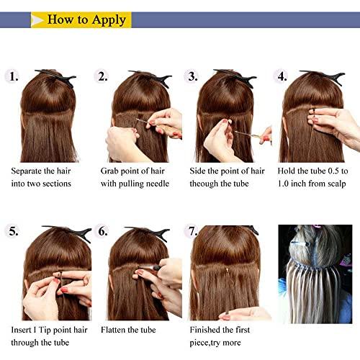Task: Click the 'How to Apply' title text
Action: (86, 19)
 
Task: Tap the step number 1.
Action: (14, 76)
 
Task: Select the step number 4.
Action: (282, 76)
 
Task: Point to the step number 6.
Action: (103, 231)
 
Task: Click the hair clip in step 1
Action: (58, 77)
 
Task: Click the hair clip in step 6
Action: (150, 233)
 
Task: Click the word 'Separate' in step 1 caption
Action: (27, 171)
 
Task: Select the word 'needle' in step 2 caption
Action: (157, 184)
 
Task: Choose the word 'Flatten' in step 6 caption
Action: (113, 330)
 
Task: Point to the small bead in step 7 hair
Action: (227, 270)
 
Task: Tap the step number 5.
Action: (14, 231)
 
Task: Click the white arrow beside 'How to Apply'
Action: (37, 20)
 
